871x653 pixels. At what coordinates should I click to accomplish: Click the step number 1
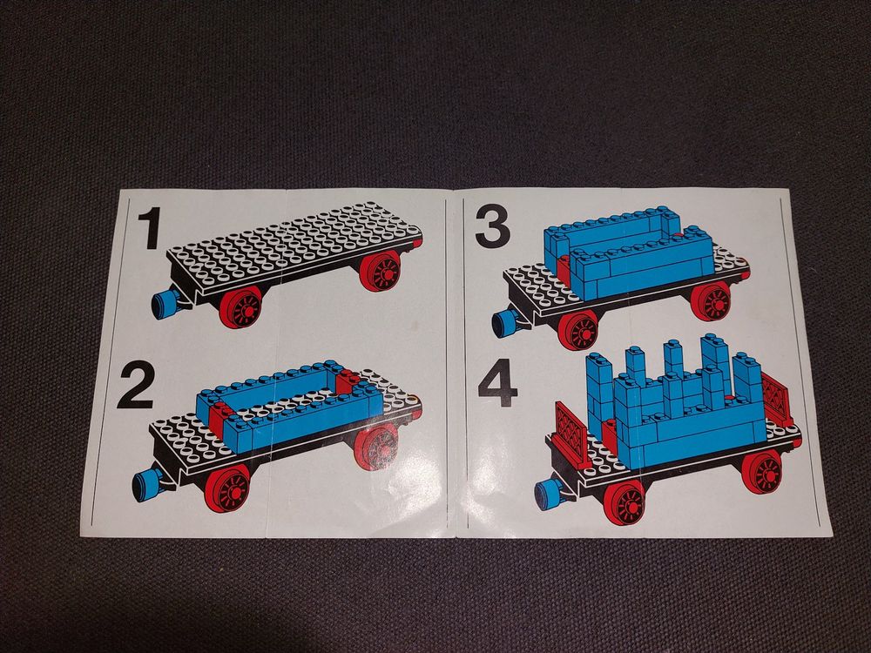(149, 227)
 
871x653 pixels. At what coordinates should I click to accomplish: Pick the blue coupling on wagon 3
(505, 323)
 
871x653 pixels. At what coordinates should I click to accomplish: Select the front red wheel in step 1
(240, 307)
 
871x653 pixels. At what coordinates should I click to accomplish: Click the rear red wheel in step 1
(381, 271)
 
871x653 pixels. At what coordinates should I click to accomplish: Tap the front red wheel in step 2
(227, 488)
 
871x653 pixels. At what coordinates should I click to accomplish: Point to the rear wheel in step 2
(376, 448)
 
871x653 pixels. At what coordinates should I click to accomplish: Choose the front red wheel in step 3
(577, 330)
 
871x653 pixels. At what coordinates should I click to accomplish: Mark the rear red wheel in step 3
(711, 301)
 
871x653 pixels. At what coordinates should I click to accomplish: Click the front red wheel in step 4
(625, 502)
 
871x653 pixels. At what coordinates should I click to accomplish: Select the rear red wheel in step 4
(761, 472)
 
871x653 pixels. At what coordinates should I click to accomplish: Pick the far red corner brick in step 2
(348, 382)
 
